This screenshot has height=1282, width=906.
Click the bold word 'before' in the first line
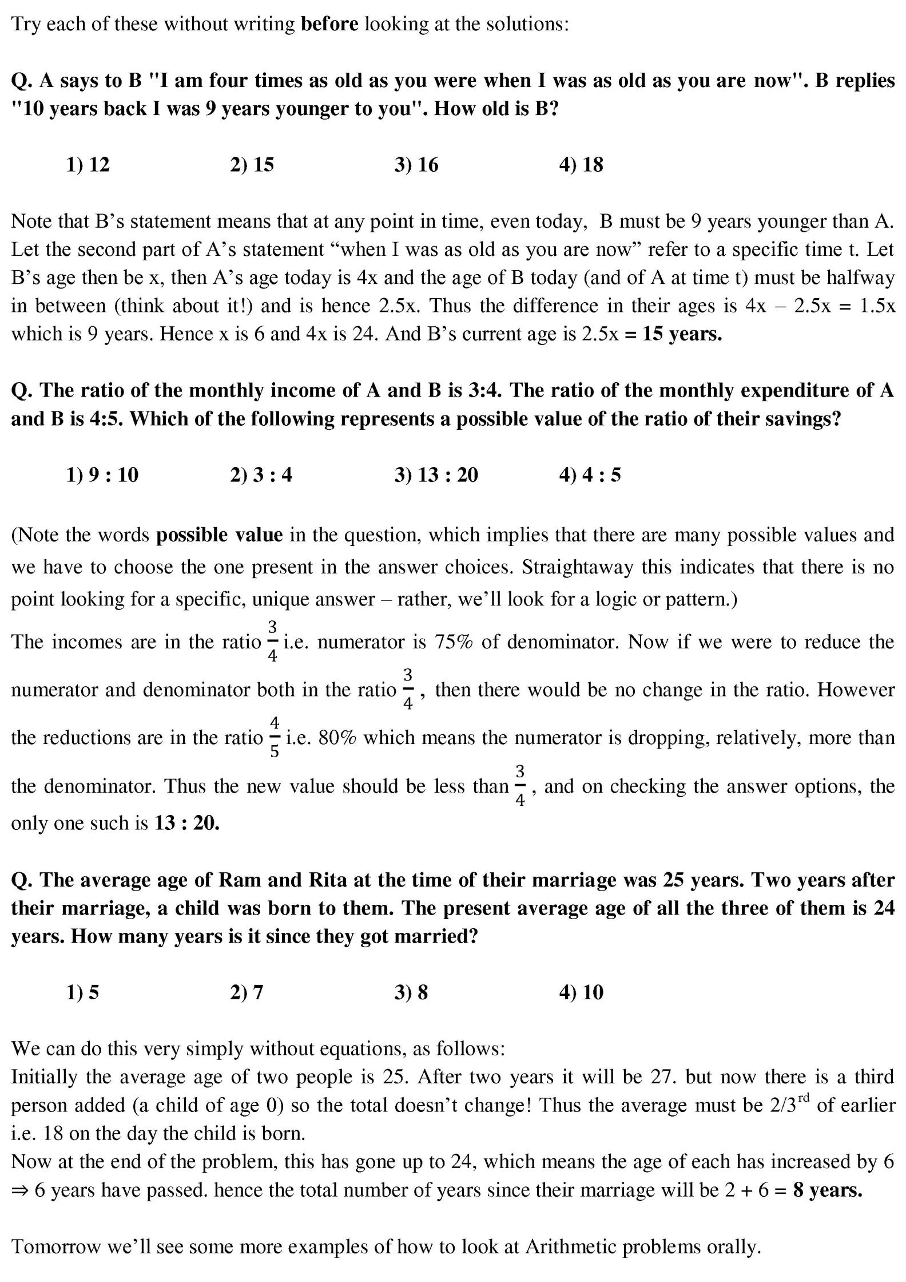pyautogui.click(x=329, y=24)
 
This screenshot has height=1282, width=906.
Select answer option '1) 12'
pyautogui.click(x=88, y=165)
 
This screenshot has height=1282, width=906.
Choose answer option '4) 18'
pyautogui.click(x=581, y=165)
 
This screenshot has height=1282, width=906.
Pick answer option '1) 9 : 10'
pyautogui.click(x=102, y=474)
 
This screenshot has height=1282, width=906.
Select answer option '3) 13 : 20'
pyautogui.click(x=436, y=474)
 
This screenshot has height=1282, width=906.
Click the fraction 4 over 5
pyautogui.click(x=275, y=737)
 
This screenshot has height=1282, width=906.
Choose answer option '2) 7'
pyautogui.click(x=247, y=992)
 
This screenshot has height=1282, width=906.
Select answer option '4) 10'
pyautogui.click(x=581, y=992)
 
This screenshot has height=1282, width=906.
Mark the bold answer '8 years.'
pyautogui.click(x=827, y=1190)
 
